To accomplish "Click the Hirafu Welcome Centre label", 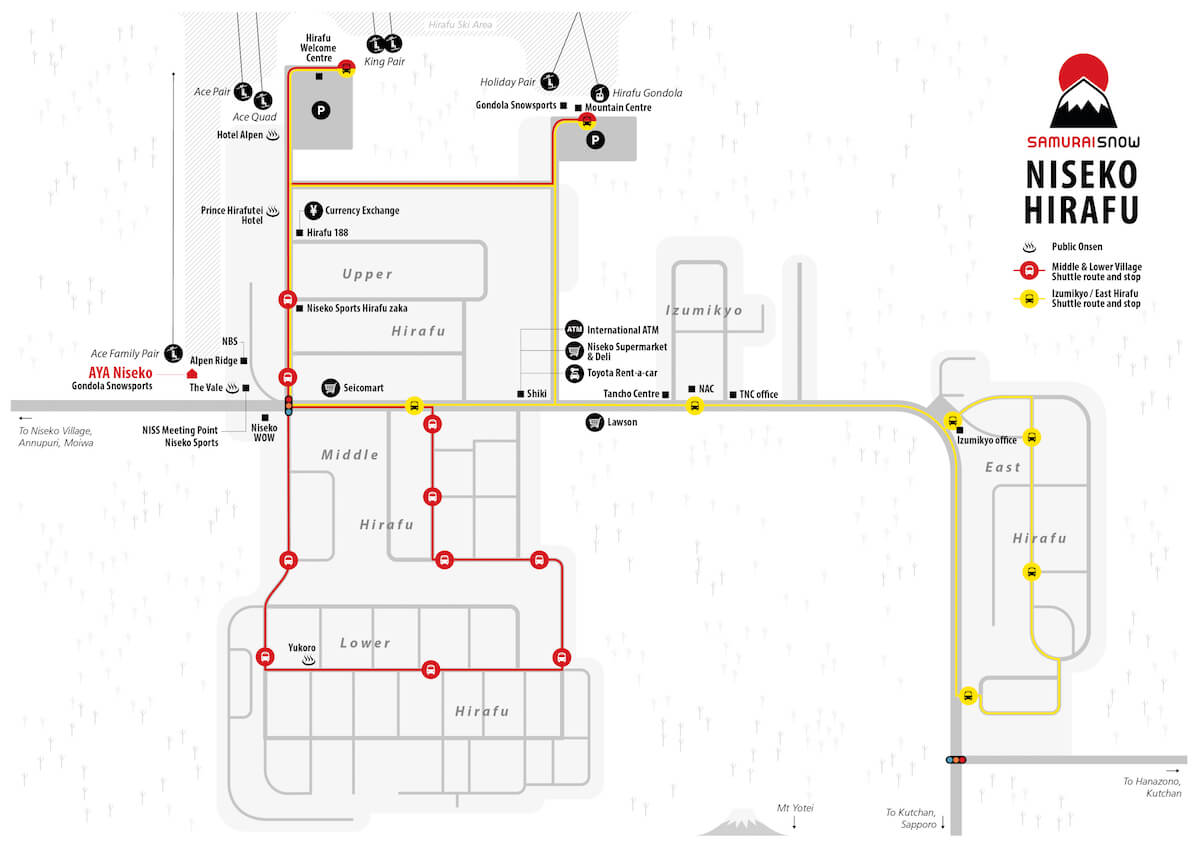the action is coord(318,48).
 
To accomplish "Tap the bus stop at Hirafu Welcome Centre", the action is coord(347,69).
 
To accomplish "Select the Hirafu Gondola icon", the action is coord(599,93).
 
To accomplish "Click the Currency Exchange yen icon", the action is coord(313,211).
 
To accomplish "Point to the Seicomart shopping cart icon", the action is coord(331,388).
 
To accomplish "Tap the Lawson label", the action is coord(622,422).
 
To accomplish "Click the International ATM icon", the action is coord(574,329).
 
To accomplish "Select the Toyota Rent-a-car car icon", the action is coord(574,373).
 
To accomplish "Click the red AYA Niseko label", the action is coord(121,373).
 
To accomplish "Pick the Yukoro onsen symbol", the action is coord(309,661).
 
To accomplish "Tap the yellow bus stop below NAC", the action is coord(694,406).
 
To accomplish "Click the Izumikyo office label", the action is coord(987,440).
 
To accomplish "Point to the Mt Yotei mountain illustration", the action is coord(742,823).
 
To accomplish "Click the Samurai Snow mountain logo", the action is coord(1083,91).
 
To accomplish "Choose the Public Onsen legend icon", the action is coord(1029,247).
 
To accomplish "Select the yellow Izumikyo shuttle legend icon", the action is coord(1029,298).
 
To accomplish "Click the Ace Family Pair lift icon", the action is coord(173,353).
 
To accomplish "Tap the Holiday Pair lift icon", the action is coord(550,82).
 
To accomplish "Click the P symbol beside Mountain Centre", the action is coord(595,140).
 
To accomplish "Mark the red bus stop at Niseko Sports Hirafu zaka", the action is coord(288,299).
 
